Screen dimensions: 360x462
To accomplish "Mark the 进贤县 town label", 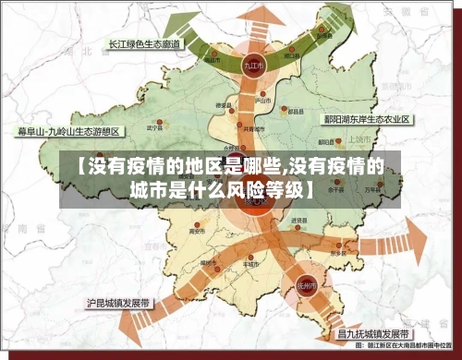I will tap(298, 221).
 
